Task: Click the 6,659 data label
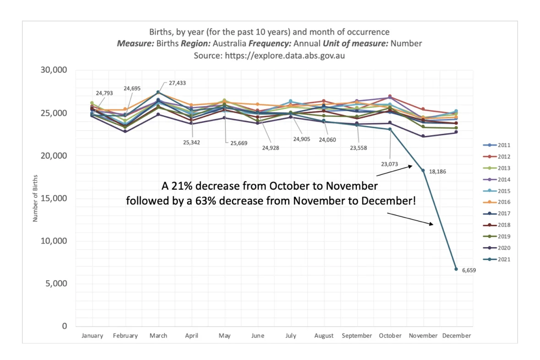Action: click(469, 270)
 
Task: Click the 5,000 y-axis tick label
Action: click(57, 284)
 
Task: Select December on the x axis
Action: click(456, 336)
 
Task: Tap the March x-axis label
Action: click(158, 336)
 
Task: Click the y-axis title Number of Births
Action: click(35, 198)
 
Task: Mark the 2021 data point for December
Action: click(456, 269)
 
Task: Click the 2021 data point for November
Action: click(423, 170)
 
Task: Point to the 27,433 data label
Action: click(177, 83)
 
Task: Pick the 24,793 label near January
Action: click(104, 93)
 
